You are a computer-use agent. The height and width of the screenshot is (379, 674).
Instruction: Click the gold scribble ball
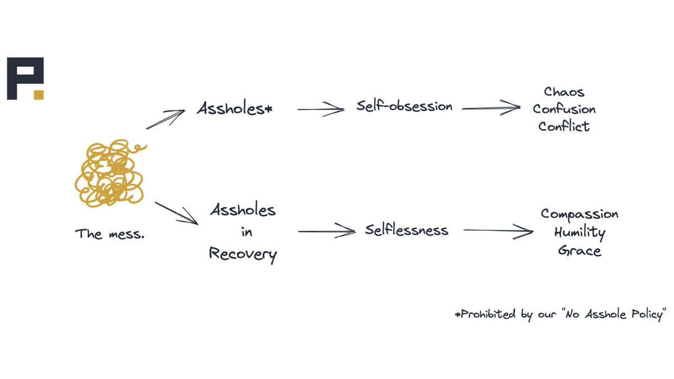tap(108, 173)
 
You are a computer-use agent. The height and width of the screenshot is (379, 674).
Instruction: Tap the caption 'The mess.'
tap(110, 234)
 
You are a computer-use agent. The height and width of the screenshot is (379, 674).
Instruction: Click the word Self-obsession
tap(404, 106)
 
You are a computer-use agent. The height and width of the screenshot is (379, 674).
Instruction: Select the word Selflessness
tap(407, 230)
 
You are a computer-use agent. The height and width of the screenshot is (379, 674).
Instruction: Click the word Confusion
tap(564, 109)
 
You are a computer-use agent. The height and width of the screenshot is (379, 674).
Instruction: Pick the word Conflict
tap(564, 126)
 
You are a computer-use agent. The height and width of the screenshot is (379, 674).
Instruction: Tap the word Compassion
tap(580, 214)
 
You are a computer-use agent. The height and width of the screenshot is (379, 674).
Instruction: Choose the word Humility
tap(580, 232)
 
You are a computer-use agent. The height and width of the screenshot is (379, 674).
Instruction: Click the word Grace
tap(580, 250)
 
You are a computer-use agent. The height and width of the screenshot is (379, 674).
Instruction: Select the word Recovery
tap(243, 254)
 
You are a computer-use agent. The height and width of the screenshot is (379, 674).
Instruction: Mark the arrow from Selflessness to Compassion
tap(498, 231)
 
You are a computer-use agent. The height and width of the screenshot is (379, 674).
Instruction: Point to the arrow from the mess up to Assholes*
tap(166, 119)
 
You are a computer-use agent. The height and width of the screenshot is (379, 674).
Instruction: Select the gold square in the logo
tap(38, 94)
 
